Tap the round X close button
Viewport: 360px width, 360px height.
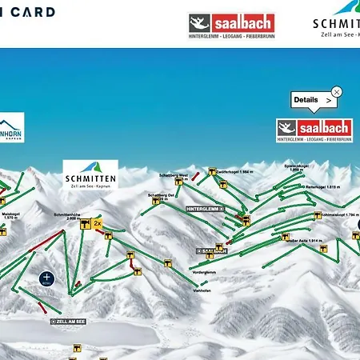(x=337, y=92)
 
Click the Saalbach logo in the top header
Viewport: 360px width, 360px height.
(x=231, y=23)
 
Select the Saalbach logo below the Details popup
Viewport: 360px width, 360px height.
(x=314, y=130)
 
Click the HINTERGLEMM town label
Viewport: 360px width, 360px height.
(x=205, y=208)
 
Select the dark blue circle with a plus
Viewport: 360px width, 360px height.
(x=46, y=278)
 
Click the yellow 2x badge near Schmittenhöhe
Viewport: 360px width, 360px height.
(x=98, y=224)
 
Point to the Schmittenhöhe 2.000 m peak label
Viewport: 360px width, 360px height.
(x=66, y=216)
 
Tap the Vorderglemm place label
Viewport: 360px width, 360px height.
(x=205, y=273)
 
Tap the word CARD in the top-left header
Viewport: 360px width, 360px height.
(x=38, y=12)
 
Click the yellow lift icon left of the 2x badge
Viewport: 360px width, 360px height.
(x=83, y=225)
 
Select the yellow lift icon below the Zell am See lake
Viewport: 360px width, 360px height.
(x=78, y=348)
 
